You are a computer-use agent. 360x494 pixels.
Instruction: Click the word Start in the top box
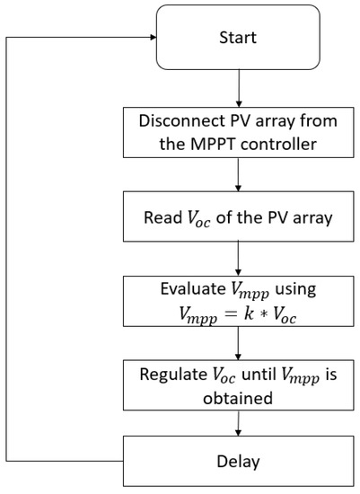(x=237, y=38)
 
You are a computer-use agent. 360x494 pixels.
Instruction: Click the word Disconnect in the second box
(x=170, y=123)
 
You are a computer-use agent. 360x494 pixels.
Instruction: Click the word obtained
(x=237, y=395)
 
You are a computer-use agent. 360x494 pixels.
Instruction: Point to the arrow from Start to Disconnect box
(x=237, y=88)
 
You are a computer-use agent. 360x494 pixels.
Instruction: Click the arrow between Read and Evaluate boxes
(x=237, y=260)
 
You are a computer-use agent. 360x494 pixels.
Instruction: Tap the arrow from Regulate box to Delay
(x=237, y=425)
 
